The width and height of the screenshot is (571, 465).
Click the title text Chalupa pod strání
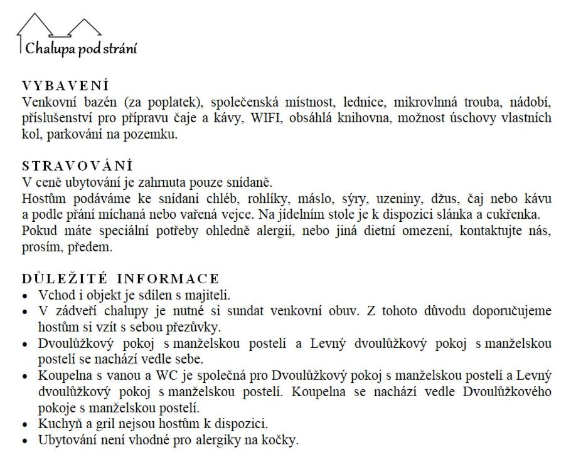pyautogui.click(x=80, y=48)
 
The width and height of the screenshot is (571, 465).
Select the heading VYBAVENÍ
pyautogui.click(x=65, y=85)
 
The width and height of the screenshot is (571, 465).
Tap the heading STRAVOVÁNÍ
pyautogui.click(x=77, y=167)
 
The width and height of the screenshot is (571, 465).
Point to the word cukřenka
pyautogui.click(x=516, y=216)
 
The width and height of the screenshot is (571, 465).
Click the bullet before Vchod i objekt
pyautogui.click(x=25, y=295)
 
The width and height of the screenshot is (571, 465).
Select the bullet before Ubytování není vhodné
pyautogui.click(x=25, y=440)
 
